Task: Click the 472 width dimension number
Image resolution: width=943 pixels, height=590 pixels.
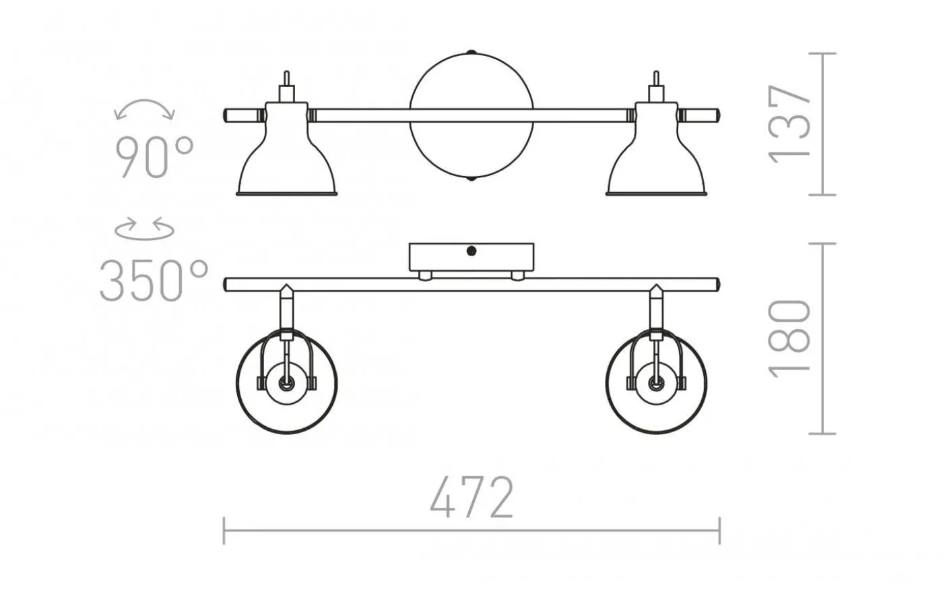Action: (x=471, y=498)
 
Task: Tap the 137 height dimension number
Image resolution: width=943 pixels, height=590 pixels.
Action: (x=789, y=124)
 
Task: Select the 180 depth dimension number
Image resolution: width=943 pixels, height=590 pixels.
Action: (x=789, y=338)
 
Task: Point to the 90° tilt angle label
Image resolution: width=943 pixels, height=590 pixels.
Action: (x=154, y=157)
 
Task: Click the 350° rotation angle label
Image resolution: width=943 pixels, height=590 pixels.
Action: (x=154, y=281)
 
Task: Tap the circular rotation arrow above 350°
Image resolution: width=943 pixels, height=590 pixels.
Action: (x=144, y=229)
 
